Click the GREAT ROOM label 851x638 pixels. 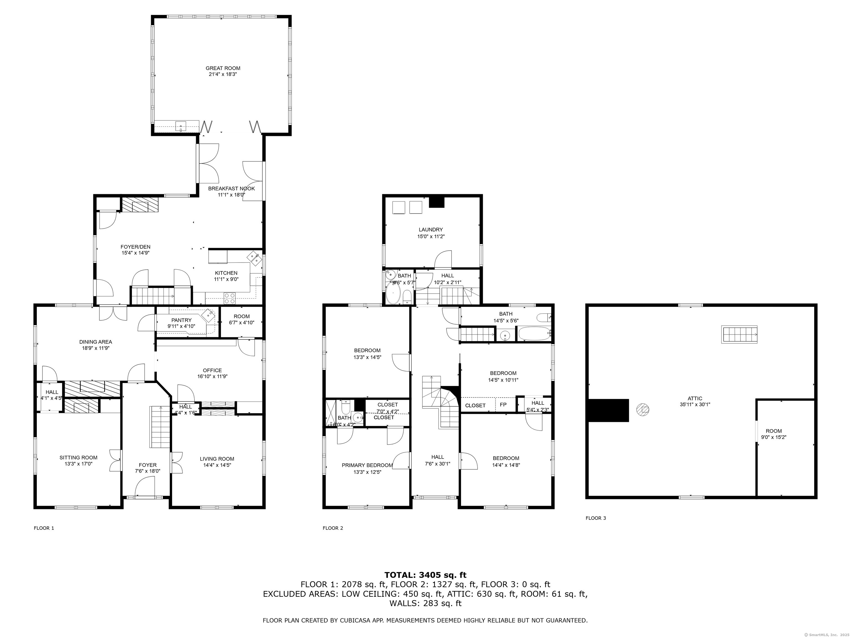coord(223,68)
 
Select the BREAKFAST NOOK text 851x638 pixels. coord(231,189)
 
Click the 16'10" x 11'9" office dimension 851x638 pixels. coord(212,377)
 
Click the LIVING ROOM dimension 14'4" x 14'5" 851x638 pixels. coord(217,465)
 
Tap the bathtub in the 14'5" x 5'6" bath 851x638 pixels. coord(534,333)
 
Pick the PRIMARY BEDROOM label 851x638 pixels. coord(367,465)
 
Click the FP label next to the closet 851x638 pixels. coord(503,405)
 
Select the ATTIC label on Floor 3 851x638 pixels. coord(695,398)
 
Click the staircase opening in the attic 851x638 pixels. coord(739,334)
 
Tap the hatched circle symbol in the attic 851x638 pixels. coord(642,410)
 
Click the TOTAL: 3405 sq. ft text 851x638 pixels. coord(425,575)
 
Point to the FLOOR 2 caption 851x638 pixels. coord(333,528)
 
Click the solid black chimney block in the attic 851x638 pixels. coord(608,410)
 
